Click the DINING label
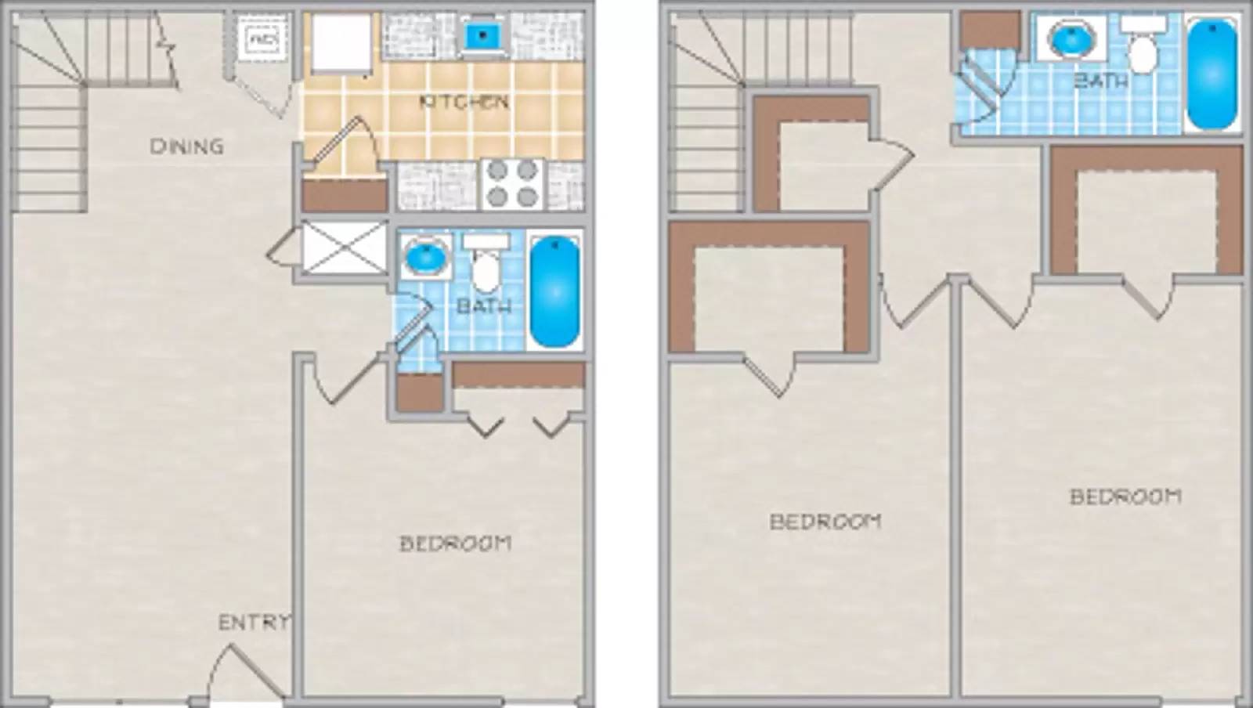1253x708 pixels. pos(186,146)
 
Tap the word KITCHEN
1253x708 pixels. pos(464,102)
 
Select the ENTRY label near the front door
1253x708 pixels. pos(252,623)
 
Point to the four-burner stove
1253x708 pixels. pos(512,185)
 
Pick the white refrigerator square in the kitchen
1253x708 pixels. pos(341,45)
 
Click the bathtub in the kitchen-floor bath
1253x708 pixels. pos(554,290)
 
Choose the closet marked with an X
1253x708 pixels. pos(344,247)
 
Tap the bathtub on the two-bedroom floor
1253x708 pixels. pos(1212,74)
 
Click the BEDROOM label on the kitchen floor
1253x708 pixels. pos(455,543)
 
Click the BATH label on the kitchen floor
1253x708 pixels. pos(483,306)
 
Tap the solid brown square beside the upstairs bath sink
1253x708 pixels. pos(990,31)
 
